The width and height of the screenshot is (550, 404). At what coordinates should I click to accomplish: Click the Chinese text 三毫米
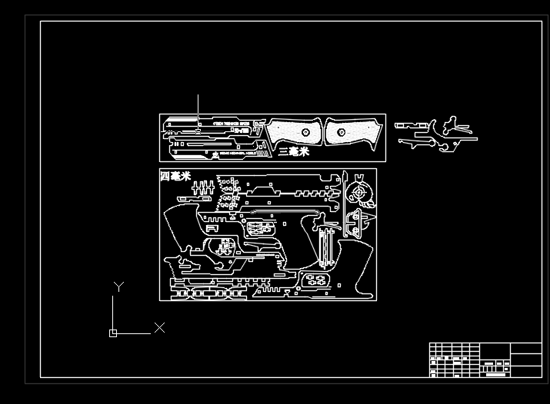click(x=293, y=152)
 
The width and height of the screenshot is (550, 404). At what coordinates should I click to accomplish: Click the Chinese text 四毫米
click(x=175, y=177)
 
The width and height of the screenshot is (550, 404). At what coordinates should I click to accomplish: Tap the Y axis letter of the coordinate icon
click(x=118, y=286)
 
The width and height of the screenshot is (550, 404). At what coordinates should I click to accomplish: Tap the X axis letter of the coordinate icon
click(x=159, y=328)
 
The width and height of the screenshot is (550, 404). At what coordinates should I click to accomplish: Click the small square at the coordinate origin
click(x=113, y=333)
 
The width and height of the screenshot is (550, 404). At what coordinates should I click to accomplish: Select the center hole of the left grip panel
click(x=305, y=132)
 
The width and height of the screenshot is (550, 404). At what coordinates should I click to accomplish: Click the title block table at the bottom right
click(x=485, y=360)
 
